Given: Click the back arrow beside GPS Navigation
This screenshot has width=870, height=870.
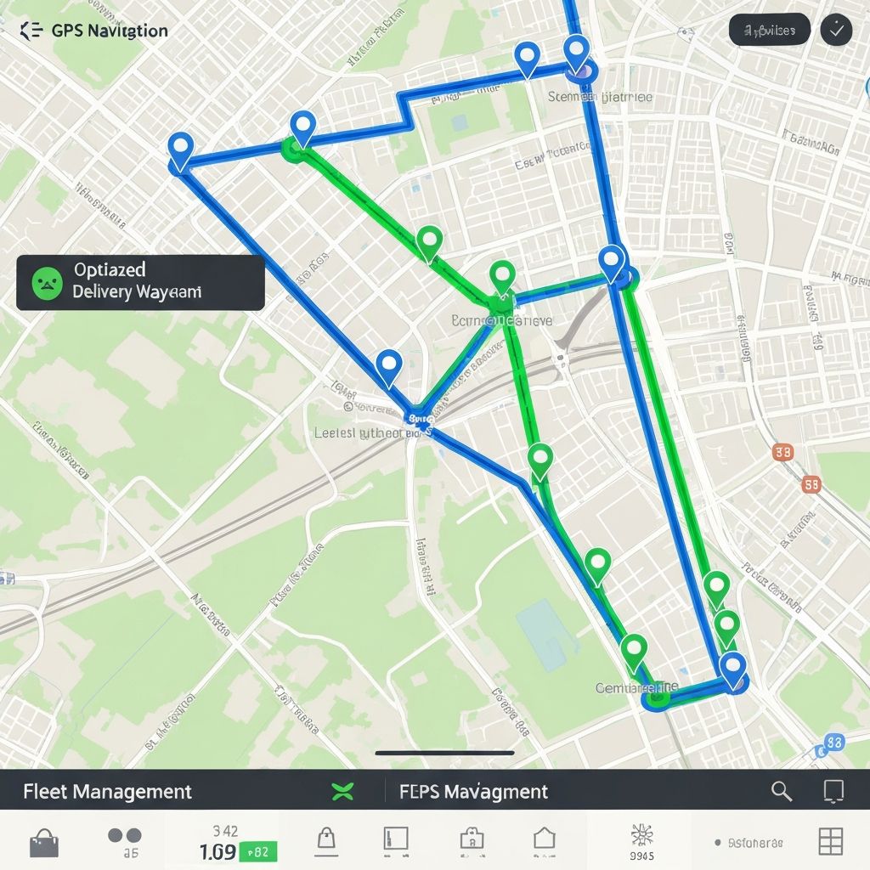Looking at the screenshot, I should point(31,31).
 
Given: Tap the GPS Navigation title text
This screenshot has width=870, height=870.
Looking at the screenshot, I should point(110,31).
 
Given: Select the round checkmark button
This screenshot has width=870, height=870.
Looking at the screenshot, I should point(836,31).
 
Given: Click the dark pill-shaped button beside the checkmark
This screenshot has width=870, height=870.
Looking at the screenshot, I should point(769,31).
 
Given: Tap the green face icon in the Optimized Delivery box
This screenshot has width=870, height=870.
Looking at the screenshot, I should point(48,282).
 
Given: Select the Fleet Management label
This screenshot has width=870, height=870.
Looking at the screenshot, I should point(107,792).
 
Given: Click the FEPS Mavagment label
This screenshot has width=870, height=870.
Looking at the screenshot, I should point(473,792).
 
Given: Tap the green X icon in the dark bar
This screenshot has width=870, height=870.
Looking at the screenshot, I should point(342,793).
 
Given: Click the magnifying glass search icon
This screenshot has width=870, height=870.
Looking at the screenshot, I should point(781,792).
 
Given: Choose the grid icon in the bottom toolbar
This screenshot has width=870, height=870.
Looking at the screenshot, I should point(830,841).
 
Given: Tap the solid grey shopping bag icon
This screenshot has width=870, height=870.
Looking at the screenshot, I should point(44,843).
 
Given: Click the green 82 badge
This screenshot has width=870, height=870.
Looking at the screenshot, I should point(259,851).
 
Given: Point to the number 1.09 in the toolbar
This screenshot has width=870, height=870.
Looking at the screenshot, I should point(217,851).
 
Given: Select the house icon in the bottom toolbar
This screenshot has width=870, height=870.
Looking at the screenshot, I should point(544,839).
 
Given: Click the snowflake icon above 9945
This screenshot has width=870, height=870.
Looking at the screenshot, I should point(642,835).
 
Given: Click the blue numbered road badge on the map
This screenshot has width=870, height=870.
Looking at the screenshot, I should point(833,743).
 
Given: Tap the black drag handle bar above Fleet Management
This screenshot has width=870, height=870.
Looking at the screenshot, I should point(444,753).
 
